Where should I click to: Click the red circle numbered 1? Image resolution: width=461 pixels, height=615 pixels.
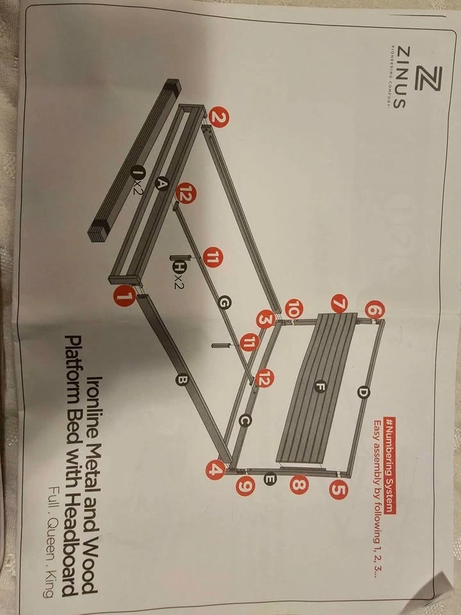click(x=125, y=296)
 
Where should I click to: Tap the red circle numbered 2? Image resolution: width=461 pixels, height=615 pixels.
click(x=218, y=117)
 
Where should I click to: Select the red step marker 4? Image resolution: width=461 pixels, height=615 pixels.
click(x=215, y=469)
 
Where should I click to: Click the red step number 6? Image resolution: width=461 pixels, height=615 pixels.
click(x=375, y=311)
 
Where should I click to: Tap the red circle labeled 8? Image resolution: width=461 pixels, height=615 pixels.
click(x=299, y=484)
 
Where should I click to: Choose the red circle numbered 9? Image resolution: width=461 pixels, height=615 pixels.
click(x=246, y=486)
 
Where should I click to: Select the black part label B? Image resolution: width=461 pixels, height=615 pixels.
click(x=182, y=379)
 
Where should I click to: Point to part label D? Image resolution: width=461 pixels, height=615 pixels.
click(x=364, y=392)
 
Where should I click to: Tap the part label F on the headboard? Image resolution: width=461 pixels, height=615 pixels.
click(x=320, y=387)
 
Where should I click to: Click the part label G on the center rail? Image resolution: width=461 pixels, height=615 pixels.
click(x=224, y=303)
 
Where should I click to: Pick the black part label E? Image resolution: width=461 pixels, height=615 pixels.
click(x=270, y=479)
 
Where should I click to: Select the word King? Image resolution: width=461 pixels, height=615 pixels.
click(x=50, y=582)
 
